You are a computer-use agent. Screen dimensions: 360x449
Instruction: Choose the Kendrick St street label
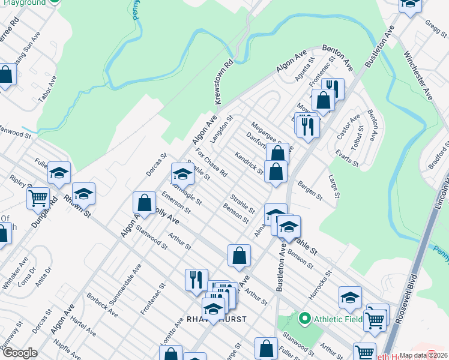click(249, 163)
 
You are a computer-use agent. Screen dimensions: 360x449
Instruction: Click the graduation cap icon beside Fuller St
click(59, 173)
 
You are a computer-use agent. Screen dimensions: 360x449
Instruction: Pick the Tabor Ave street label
click(49, 89)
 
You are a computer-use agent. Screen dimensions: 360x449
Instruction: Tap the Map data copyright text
click(423, 355)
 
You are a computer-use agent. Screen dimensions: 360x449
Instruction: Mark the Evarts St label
click(348, 159)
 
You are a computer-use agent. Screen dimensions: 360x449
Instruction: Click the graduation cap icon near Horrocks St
click(350, 296)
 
